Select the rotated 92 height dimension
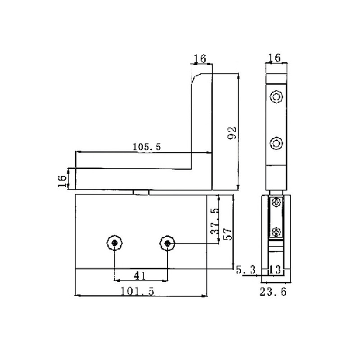point(232,133)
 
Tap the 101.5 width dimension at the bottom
point(138,291)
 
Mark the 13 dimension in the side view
point(275,270)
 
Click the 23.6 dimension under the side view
point(273,292)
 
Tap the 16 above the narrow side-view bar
point(275,58)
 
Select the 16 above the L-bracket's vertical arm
point(200,58)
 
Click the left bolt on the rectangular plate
point(115,243)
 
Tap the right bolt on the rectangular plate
point(167,243)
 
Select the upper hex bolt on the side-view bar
point(275,96)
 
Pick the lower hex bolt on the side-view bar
point(275,144)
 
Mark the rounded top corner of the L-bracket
point(194,78)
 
